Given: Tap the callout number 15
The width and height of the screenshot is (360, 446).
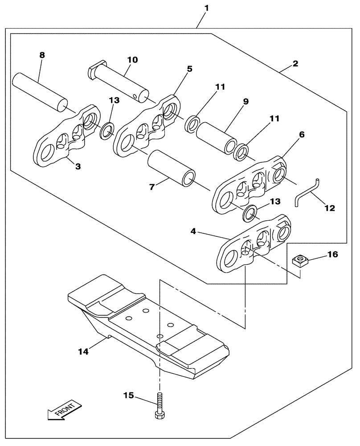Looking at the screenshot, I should point(129,395).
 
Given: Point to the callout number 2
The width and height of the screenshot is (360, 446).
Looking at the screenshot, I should point(295,63).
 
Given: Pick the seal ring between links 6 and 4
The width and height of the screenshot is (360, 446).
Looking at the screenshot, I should point(250,213).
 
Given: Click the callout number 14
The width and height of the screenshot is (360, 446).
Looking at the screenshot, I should point(84,351).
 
